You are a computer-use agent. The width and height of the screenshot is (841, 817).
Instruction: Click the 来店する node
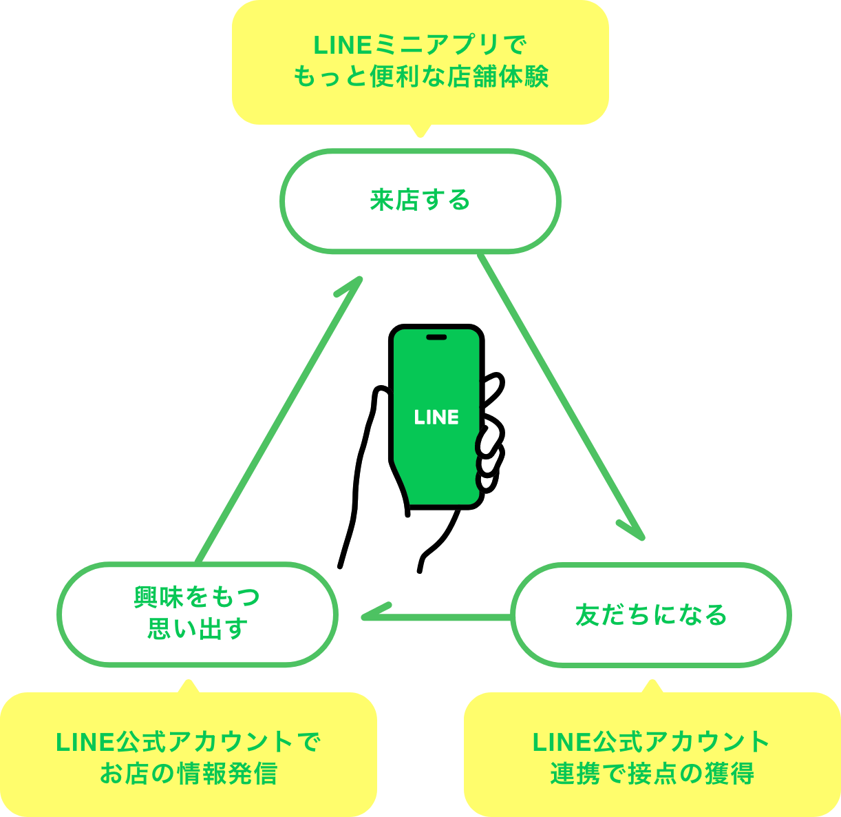point(420,200)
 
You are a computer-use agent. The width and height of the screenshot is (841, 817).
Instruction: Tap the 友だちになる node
point(651,614)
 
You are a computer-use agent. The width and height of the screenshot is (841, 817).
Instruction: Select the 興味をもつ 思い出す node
point(198,614)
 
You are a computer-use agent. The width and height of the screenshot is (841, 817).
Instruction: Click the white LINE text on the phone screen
point(436,417)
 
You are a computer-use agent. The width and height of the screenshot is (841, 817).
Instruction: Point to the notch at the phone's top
point(436,337)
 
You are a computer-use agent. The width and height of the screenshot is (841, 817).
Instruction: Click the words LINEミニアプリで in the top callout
point(420,45)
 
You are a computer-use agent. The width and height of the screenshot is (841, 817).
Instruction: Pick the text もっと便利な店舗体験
point(420,76)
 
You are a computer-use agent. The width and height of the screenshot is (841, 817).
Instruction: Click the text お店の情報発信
point(188,774)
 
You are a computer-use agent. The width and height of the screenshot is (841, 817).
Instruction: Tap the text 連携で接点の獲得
point(652,774)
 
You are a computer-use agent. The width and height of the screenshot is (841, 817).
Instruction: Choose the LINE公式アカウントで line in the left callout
point(188,742)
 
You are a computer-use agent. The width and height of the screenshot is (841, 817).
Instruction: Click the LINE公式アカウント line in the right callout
point(651,742)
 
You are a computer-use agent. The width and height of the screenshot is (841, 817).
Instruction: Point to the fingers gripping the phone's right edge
point(491,451)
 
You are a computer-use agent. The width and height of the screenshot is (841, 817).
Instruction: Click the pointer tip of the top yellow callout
point(420,134)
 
